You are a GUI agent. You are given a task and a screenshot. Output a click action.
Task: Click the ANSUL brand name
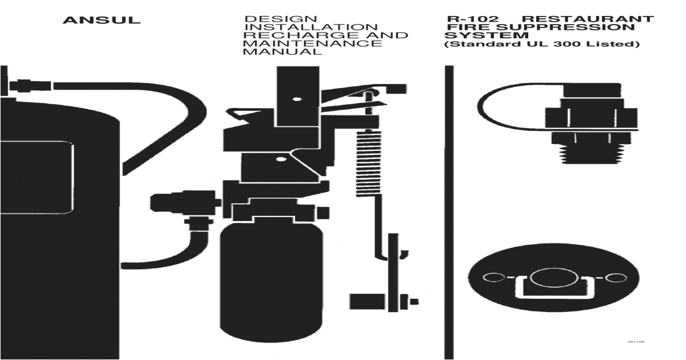point(101,20)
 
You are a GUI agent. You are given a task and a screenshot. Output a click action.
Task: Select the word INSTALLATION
point(311,27)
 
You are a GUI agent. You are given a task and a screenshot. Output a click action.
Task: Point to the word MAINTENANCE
point(312,43)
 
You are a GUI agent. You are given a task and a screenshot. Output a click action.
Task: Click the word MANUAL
point(282,51)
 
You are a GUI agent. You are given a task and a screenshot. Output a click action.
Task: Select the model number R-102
point(473,19)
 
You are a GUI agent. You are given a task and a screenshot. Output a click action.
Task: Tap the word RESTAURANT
point(587,19)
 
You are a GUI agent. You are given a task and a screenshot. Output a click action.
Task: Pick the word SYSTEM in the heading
point(486,35)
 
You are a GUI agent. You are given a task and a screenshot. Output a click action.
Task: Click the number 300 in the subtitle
point(567,44)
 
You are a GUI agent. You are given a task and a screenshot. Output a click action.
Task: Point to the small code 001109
point(636,342)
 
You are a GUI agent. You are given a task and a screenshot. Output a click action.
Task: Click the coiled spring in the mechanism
point(368,163)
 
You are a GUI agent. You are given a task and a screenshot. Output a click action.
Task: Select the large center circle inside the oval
point(554,278)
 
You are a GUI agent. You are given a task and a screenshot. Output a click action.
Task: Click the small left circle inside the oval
point(494,278)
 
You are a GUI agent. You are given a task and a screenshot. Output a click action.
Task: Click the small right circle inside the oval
point(616,278)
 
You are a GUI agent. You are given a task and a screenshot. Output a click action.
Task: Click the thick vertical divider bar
point(449,212)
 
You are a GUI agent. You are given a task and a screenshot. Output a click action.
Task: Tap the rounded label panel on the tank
point(37,178)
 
